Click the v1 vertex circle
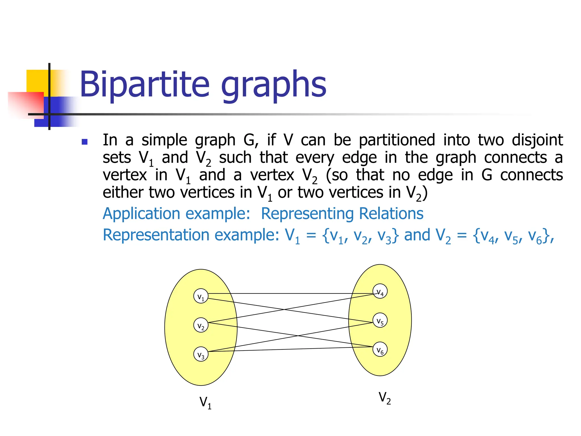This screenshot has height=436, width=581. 201,296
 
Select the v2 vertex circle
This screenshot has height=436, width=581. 201,325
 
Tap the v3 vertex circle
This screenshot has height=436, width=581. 201,354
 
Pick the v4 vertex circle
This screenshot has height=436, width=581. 380,291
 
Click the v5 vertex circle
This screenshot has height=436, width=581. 380,320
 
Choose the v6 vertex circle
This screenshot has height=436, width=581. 380,349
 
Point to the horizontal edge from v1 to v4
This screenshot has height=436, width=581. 289,294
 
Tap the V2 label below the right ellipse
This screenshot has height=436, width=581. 384,398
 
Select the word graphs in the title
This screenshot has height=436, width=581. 273,85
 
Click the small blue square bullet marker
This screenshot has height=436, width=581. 84,142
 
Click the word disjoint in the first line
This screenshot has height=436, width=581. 537,140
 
